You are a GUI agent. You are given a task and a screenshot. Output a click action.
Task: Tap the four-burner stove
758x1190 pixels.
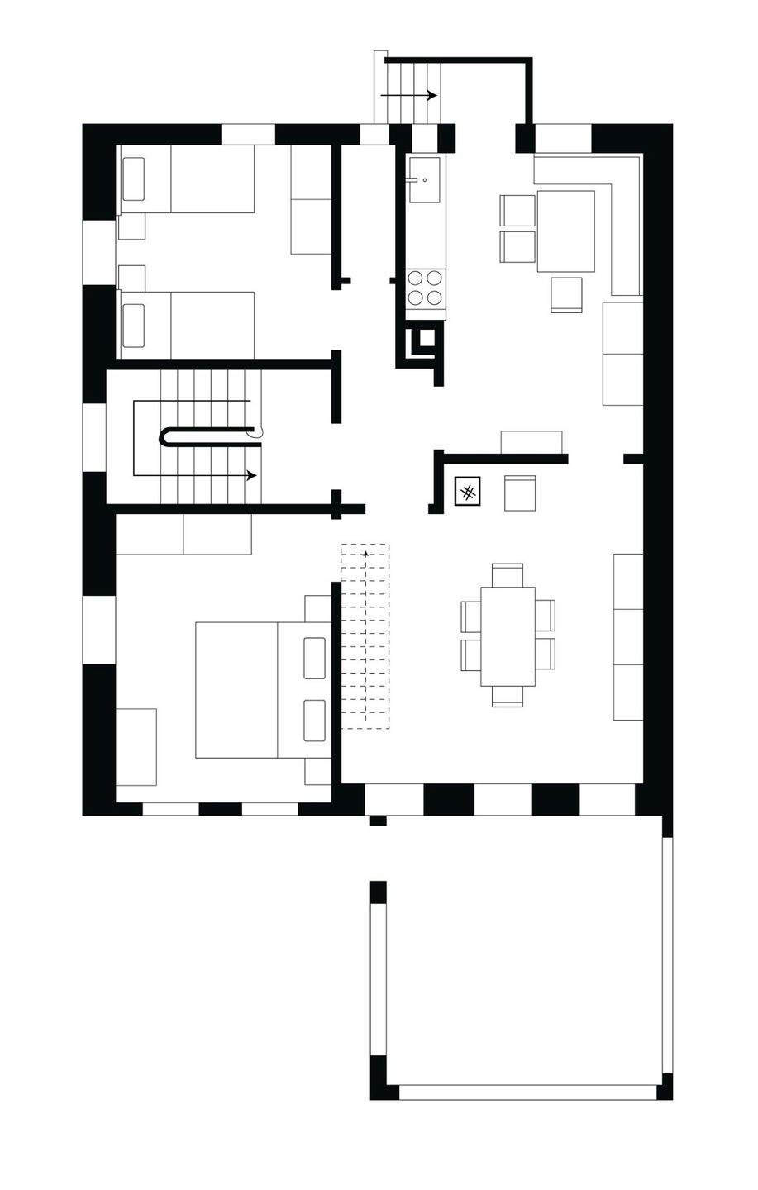(425, 288)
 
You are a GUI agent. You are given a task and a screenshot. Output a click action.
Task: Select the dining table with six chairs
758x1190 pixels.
(508, 635)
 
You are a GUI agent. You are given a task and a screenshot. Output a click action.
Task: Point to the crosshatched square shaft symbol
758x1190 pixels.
(467, 493)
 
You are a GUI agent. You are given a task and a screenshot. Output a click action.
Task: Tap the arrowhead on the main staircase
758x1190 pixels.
(252, 476)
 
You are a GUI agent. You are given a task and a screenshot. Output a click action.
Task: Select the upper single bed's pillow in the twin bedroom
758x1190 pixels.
(134, 179)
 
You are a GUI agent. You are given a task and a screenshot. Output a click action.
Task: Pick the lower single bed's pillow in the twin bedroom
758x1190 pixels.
(133, 325)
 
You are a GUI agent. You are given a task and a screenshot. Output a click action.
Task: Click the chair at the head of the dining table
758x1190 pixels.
(508, 574)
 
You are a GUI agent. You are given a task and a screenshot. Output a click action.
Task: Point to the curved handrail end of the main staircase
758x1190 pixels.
(256, 431)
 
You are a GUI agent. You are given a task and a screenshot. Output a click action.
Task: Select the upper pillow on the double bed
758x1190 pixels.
(314, 658)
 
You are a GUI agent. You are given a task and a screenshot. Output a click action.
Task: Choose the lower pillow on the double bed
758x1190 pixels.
(314, 721)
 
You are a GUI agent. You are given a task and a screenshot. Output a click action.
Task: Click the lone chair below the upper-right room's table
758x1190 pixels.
(567, 294)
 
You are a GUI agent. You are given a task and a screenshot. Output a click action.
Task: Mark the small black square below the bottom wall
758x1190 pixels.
(378, 821)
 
